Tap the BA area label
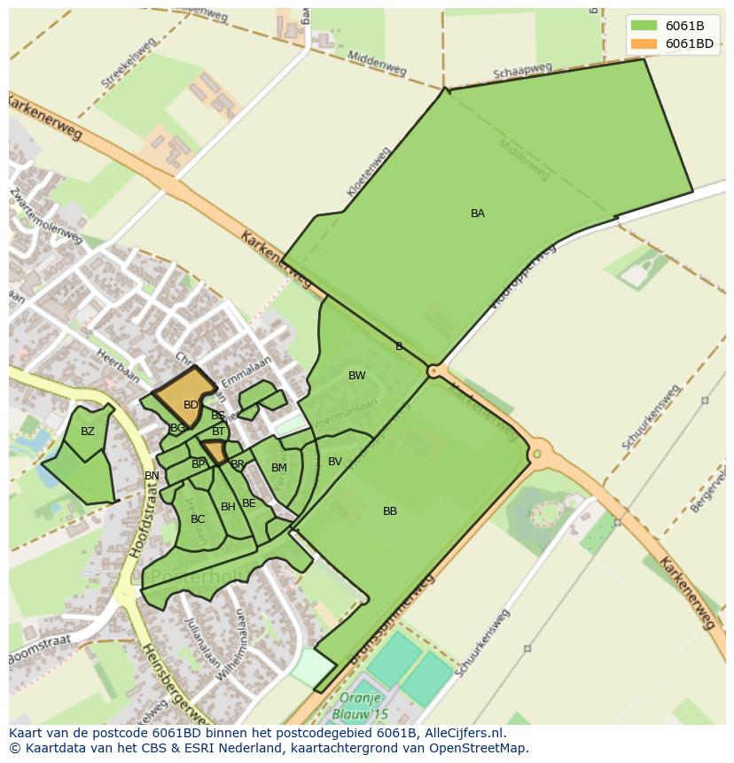tap(478, 214)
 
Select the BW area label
tap(357, 376)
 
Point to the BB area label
tap(390, 511)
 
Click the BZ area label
tap(88, 432)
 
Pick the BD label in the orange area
tap(191, 405)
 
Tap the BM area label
tap(279, 468)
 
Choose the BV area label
tap(335, 462)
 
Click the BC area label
tap(198, 519)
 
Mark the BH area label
tap(229, 507)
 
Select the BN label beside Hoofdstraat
tap(152, 476)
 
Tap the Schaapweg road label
tap(522, 71)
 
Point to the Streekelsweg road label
tap(129, 61)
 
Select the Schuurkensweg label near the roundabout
tap(651, 416)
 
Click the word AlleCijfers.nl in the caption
tap(461, 733)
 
